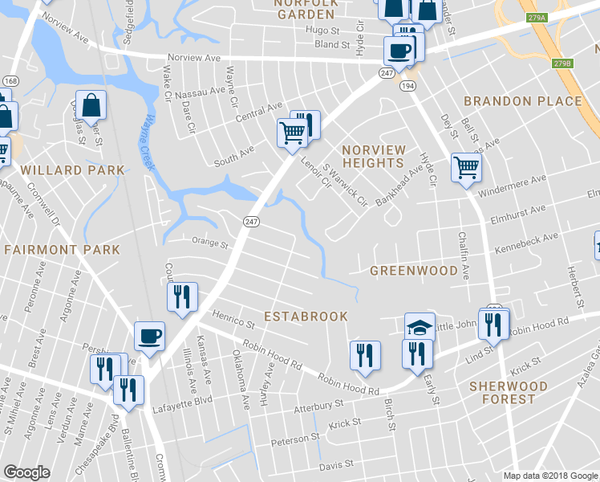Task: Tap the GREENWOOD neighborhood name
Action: (413, 271)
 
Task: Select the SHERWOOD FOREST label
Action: (509, 393)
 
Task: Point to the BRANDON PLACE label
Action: (522, 101)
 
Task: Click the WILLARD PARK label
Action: (72, 170)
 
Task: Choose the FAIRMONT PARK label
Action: (62, 250)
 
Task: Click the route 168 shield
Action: (10, 81)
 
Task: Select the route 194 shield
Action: (407, 85)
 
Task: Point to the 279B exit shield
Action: (562, 63)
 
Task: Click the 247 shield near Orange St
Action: (251, 222)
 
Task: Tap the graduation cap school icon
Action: (419, 326)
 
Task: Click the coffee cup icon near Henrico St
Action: (149, 336)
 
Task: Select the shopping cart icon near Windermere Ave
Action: (466, 168)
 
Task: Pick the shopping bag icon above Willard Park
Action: (93, 105)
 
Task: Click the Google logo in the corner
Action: (26, 472)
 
